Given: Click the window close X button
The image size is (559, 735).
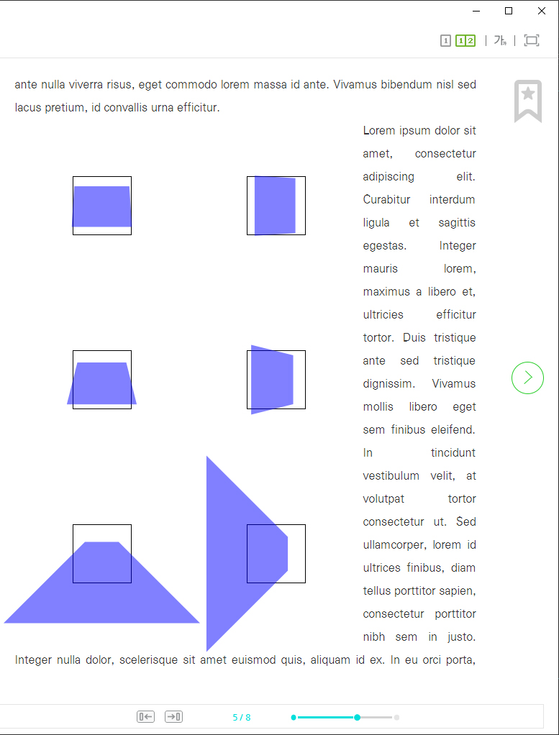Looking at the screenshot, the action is point(541,11).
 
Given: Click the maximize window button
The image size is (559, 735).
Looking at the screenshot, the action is point(509,11).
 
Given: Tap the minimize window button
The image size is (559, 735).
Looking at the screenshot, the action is point(476,11).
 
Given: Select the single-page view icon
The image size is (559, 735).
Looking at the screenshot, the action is point(445,41).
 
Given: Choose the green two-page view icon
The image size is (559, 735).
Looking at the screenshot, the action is point(465,41).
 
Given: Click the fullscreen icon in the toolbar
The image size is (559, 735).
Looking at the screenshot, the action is point(532,40).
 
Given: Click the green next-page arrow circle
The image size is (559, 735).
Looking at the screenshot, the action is point(527,378).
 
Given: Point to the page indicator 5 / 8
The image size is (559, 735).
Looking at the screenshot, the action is point(242,717).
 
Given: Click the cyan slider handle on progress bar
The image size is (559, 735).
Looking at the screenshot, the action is point(358,717).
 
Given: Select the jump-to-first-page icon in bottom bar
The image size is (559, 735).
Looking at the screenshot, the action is point(145,717).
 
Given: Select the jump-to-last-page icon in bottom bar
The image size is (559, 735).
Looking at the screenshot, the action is point(173,717).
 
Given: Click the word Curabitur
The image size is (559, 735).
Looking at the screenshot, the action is point(386,200).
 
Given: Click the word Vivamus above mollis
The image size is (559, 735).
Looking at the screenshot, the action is point(453,384).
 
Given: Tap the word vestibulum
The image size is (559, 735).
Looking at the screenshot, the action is point(391,476).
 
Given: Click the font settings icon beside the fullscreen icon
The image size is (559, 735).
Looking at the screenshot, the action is point(501,41).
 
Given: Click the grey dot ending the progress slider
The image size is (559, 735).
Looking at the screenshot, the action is point(396,717).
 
